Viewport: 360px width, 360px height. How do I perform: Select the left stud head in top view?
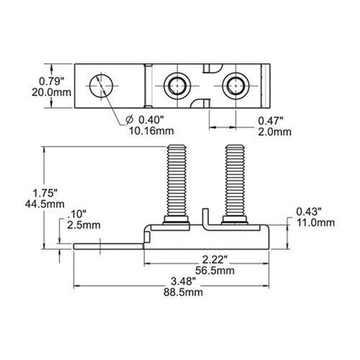coord(176,86)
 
